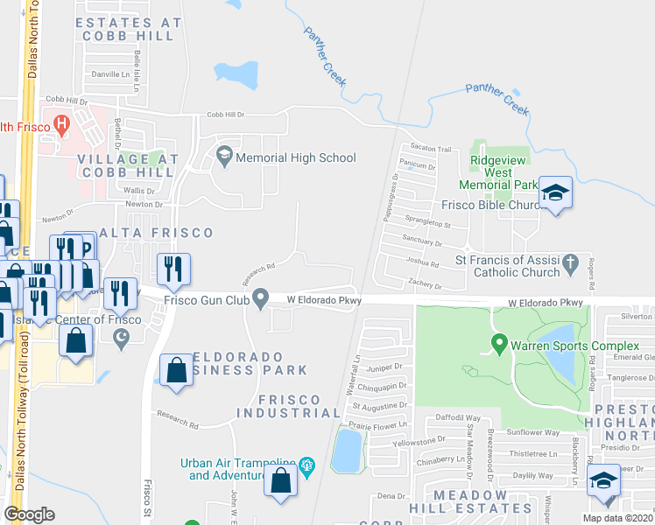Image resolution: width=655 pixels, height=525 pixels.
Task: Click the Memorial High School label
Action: tap(297, 157)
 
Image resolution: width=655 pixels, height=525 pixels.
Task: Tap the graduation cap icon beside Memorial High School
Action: tap(224, 157)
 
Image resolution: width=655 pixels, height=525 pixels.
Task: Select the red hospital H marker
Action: tap(61, 125)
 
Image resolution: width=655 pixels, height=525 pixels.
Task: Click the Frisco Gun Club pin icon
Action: tap(261, 300)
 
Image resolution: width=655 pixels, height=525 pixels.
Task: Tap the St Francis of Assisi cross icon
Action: tap(570, 262)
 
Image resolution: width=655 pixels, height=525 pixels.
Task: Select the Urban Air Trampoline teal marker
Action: tap(306, 465)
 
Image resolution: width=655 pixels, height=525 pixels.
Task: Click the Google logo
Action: tap(30, 514)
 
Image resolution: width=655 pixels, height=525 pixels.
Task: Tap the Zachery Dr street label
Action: tap(426, 285)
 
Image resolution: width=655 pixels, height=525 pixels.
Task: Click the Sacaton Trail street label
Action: tap(429, 150)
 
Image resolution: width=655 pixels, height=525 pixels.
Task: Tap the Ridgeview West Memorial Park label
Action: tap(498, 173)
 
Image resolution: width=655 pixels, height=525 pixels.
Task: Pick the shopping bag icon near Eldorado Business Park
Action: tap(176, 369)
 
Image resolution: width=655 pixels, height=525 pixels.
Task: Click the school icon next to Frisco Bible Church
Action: tap(554, 192)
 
